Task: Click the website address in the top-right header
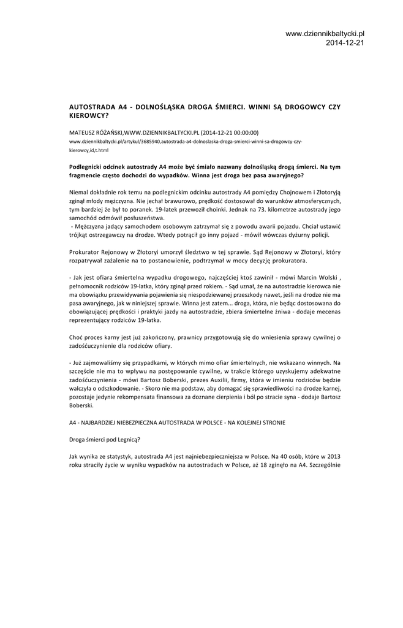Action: (x=325, y=33)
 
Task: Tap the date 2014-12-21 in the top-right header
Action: (x=345, y=43)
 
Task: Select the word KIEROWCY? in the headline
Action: (x=89, y=115)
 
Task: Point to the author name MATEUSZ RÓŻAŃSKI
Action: (x=96, y=132)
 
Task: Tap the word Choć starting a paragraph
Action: (x=76, y=337)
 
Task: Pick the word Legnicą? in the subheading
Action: (x=126, y=439)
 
